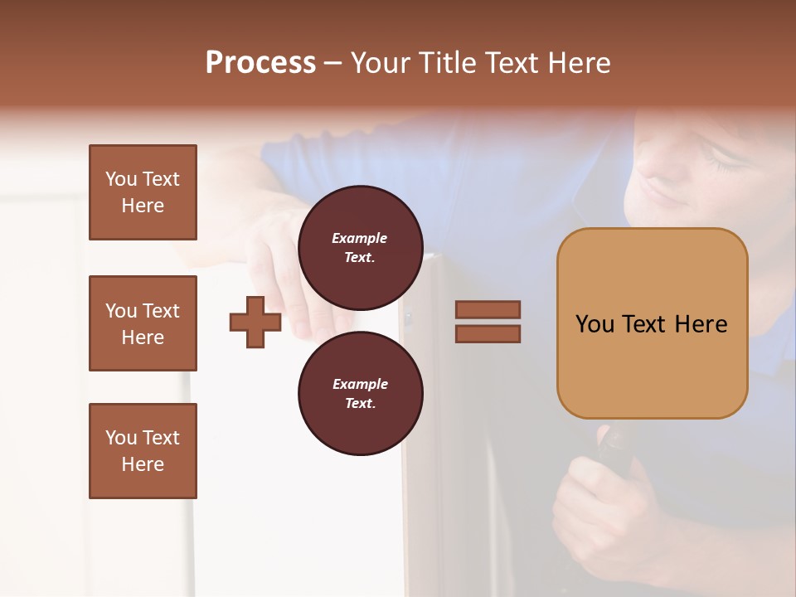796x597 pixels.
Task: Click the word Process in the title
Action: pos(260,63)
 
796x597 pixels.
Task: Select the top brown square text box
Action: pos(143,192)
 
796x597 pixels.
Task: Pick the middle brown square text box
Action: pos(143,323)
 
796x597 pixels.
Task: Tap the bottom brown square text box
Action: pos(143,450)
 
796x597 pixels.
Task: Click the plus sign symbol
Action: pos(255,322)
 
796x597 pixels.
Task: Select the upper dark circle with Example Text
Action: pos(360,247)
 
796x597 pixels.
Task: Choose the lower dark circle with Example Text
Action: pos(360,393)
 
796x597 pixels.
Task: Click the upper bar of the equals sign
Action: pos(488,309)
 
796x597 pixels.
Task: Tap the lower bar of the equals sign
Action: pos(488,334)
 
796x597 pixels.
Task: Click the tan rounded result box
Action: pos(652,323)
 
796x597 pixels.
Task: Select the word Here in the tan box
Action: pos(701,324)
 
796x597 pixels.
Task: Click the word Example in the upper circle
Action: pos(360,238)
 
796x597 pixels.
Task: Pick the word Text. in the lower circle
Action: pos(360,404)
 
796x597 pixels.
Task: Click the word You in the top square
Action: pos(121,179)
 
